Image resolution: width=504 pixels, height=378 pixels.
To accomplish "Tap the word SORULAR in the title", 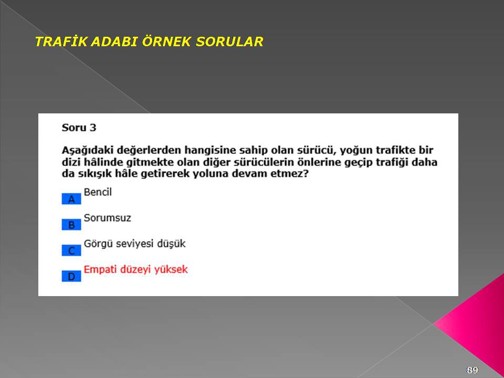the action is click(x=229, y=42).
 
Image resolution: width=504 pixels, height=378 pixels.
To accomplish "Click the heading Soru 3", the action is click(x=79, y=128).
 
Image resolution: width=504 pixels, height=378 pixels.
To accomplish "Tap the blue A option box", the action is click(x=71, y=199).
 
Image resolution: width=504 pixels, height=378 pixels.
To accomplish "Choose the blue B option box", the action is click(x=71, y=225).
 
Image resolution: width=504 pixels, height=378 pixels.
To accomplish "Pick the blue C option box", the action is click(x=71, y=250).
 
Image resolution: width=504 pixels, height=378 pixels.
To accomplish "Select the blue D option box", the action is click(x=71, y=276).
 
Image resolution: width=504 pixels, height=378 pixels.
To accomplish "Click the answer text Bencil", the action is click(x=98, y=192).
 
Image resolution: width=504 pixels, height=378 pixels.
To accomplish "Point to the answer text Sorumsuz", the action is click(x=107, y=218).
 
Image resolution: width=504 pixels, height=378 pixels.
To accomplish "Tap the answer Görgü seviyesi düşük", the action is click(x=135, y=244).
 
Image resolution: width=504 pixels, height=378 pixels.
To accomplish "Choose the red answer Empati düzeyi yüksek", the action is click(x=135, y=270).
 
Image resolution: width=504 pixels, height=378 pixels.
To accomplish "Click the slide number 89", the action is click(x=472, y=370).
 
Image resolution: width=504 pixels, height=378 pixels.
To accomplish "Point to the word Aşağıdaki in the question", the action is click(x=88, y=151).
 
